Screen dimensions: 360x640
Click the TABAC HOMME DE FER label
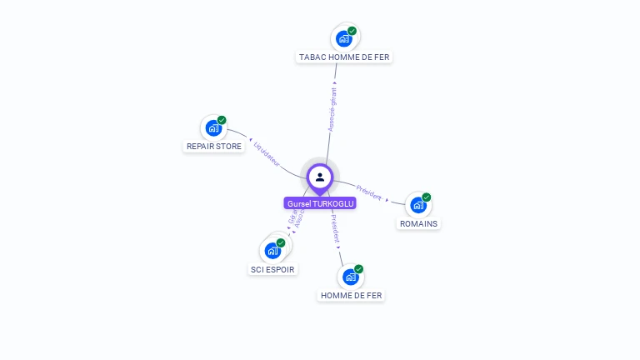[x=344, y=57]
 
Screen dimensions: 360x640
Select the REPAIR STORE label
[x=213, y=147]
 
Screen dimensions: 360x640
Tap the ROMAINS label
[x=418, y=223]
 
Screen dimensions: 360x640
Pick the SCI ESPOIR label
[x=272, y=269]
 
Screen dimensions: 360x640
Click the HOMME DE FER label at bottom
[x=352, y=295]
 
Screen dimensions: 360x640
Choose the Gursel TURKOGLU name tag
[x=320, y=203]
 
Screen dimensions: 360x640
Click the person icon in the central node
[x=320, y=177]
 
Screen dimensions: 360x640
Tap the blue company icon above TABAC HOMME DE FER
[x=343, y=38]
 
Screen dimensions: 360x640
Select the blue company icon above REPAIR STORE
[x=213, y=128]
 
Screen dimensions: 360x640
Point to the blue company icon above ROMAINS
[x=417, y=205]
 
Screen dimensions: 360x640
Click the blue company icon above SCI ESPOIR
[x=272, y=250]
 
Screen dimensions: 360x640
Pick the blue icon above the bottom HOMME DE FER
[x=350, y=277]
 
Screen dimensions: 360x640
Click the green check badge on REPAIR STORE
[x=222, y=120]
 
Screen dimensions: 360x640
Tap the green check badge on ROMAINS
[x=427, y=197]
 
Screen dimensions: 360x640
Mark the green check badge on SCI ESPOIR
[x=281, y=242]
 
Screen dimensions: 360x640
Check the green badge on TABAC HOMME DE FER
[x=352, y=31]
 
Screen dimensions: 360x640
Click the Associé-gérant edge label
[x=332, y=109]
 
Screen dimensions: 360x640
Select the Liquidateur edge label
[x=267, y=151]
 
